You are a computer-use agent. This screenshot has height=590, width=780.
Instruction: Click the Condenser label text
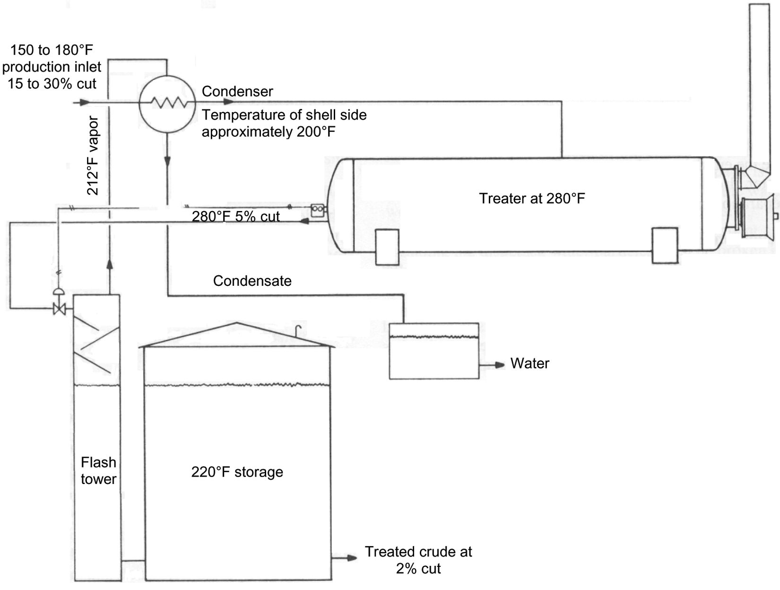[237, 91]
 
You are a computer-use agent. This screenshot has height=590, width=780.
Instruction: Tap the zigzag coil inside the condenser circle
[167, 102]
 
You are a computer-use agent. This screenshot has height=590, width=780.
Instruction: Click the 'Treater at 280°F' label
[532, 198]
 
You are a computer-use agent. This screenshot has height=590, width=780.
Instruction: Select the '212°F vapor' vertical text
[94, 156]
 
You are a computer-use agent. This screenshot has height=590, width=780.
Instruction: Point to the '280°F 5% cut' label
[235, 217]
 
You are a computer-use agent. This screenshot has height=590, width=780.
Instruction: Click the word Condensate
[252, 281]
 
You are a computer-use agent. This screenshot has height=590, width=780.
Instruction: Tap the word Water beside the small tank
[529, 364]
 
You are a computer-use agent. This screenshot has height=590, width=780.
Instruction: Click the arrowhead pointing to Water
[500, 365]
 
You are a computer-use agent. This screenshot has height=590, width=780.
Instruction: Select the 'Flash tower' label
[98, 471]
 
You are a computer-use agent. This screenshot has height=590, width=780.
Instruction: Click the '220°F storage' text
[237, 472]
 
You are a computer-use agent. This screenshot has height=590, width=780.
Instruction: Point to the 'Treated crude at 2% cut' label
[418, 560]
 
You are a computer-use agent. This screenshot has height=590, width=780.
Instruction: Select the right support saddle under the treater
[665, 246]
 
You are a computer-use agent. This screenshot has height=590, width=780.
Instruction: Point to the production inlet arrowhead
[84, 102]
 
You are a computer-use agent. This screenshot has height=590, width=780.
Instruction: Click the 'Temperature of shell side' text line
[284, 115]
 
